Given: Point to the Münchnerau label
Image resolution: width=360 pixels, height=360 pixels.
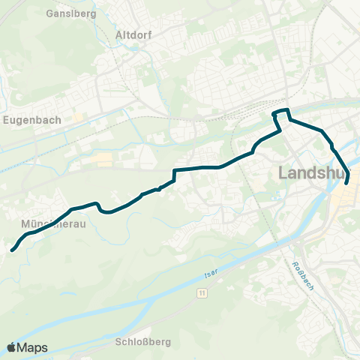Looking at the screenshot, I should [52, 223].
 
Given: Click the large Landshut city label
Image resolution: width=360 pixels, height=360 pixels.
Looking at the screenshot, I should [315, 173].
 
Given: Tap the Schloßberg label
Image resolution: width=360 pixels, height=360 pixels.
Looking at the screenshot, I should [144, 342].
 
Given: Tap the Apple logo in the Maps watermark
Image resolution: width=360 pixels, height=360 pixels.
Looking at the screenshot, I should [12, 347].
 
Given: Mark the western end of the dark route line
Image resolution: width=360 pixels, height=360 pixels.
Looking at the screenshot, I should [13, 250].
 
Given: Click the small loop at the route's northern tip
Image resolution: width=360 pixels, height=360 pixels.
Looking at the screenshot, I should [280, 113].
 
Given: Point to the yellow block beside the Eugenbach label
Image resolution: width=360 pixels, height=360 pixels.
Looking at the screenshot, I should [78, 118].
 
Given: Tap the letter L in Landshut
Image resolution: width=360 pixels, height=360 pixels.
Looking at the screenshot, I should [283, 173].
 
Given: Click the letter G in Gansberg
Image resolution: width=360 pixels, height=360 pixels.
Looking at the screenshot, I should [49, 14].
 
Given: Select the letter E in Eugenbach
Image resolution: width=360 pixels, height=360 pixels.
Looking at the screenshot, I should [5, 118].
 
